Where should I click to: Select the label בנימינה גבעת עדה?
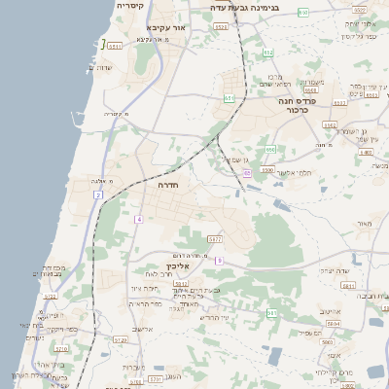(245, 7)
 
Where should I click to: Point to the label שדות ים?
(99, 67)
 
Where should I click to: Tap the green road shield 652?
(269, 53)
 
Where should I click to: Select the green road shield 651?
(230, 98)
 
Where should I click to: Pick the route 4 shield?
(139, 219)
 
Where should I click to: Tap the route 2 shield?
(97, 195)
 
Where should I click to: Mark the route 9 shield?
(220, 261)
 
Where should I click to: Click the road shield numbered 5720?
(120, 340)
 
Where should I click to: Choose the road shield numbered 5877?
(216, 238)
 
